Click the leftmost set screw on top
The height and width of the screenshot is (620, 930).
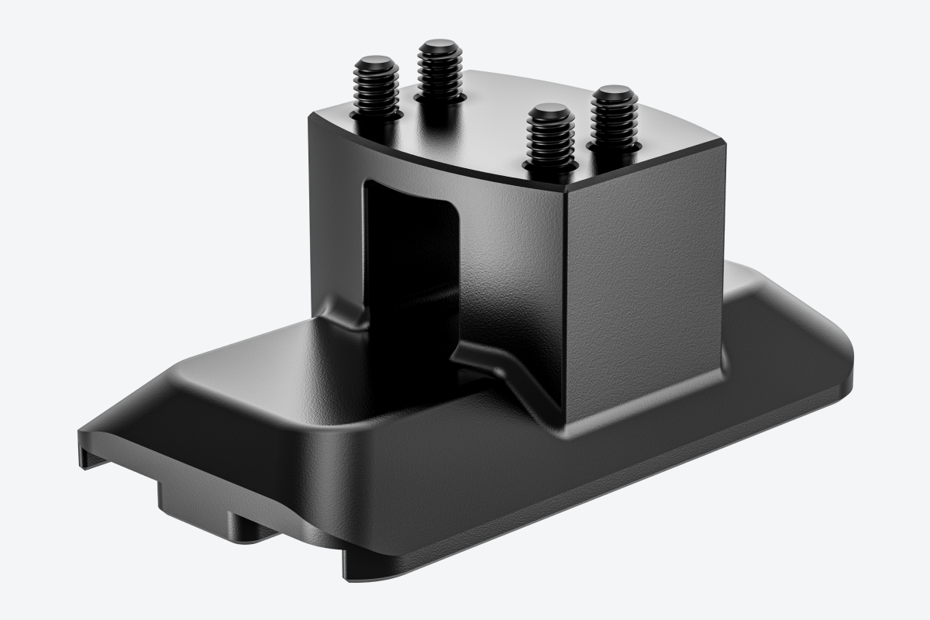coord(374,89)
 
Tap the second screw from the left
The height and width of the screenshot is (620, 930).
coord(439,74)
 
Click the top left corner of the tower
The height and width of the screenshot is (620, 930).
coord(310,116)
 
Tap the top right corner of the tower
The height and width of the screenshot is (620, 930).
coord(725,143)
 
